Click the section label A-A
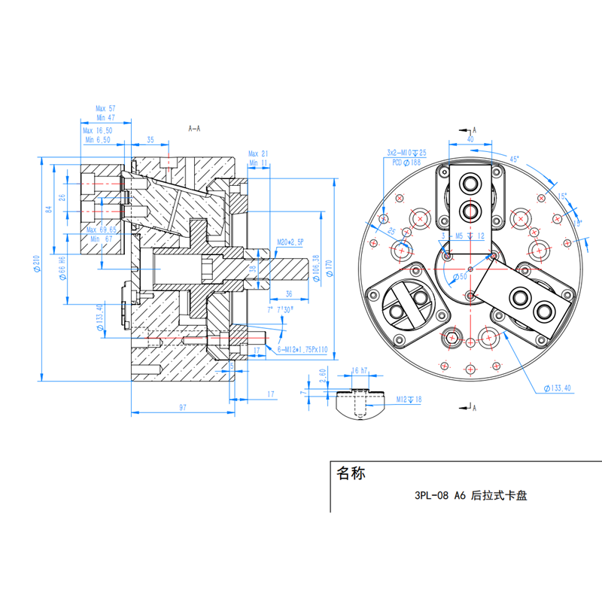(194, 129)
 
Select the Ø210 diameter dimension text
(36, 263)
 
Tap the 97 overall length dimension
(182, 407)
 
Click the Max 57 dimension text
(105, 108)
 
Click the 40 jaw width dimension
(470, 139)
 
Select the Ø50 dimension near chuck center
(459, 278)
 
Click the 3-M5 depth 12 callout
(461, 236)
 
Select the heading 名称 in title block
(351, 474)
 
